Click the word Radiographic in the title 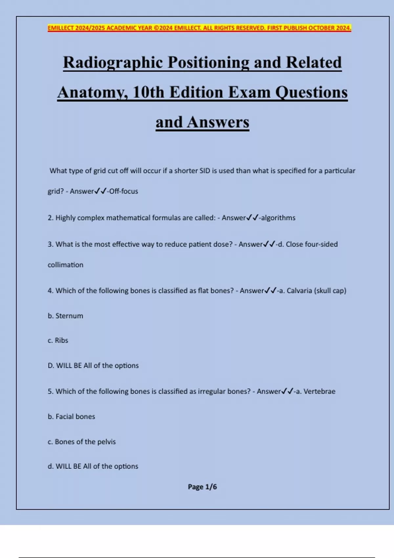[x=113, y=62]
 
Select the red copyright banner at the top [x=199, y=28]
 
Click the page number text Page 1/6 [x=202, y=487]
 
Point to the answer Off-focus [x=123, y=191]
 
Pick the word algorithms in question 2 [x=278, y=218]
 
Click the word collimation [x=65, y=265]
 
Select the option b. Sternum [x=65, y=316]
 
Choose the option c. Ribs [x=58, y=340]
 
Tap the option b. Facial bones [x=71, y=417]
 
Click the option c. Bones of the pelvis [x=82, y=442]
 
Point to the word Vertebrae [x=319, y=391]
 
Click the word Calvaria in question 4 [x=299, y=291]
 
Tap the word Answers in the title [x=218, y=122]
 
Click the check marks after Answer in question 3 [x=269, y=244]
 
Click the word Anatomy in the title [x=93, y=92]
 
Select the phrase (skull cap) [x=330, y=291]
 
